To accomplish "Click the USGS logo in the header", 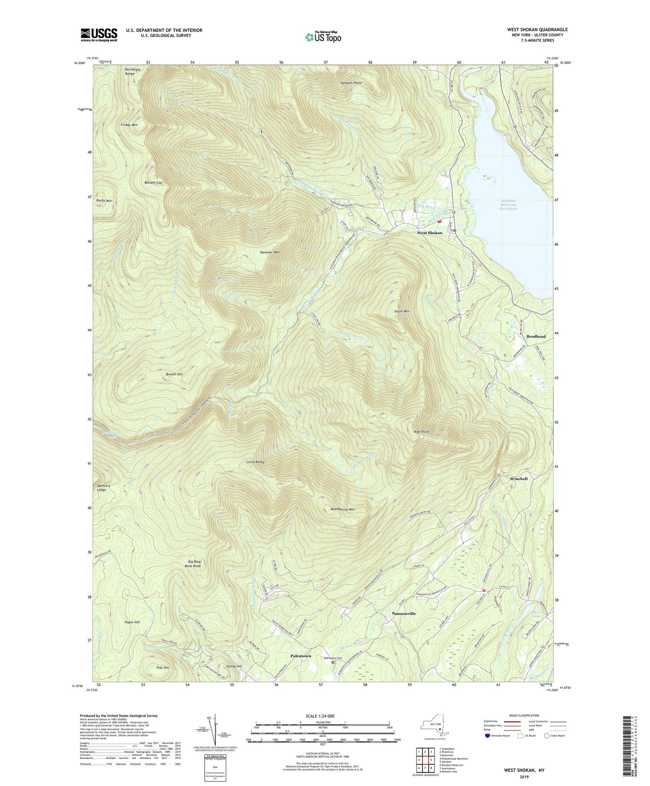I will coord(99,35).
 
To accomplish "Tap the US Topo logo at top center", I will coord(323,36).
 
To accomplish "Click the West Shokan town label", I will coord(429,233).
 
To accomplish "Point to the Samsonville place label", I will coord(403,614).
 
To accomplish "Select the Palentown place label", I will coord(300,656).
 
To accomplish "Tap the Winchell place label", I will coord(519,479).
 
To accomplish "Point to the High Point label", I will coord(421,432).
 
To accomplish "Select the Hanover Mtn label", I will coord(270,252).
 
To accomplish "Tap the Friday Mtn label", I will coord(129,125).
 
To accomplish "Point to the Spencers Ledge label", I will coord(102,488).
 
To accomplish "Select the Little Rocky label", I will coord(255,462).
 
